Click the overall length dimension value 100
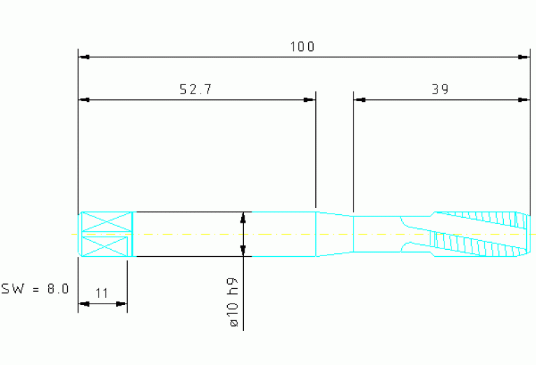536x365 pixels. [x=302, y=47]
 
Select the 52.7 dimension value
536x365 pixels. [x=196, y=89]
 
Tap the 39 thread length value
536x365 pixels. [x=440, y=89]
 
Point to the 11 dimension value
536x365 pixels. [x=101, y=293]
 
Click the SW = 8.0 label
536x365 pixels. [x=35, y=288]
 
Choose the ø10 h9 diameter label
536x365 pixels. [x=234, y=302]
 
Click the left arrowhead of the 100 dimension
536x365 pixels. [x=84, y=57]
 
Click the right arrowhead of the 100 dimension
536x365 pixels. [x=523, y=57]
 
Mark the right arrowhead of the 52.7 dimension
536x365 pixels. [x=310, y=100]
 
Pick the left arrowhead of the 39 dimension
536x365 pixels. [x=360, y=100]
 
